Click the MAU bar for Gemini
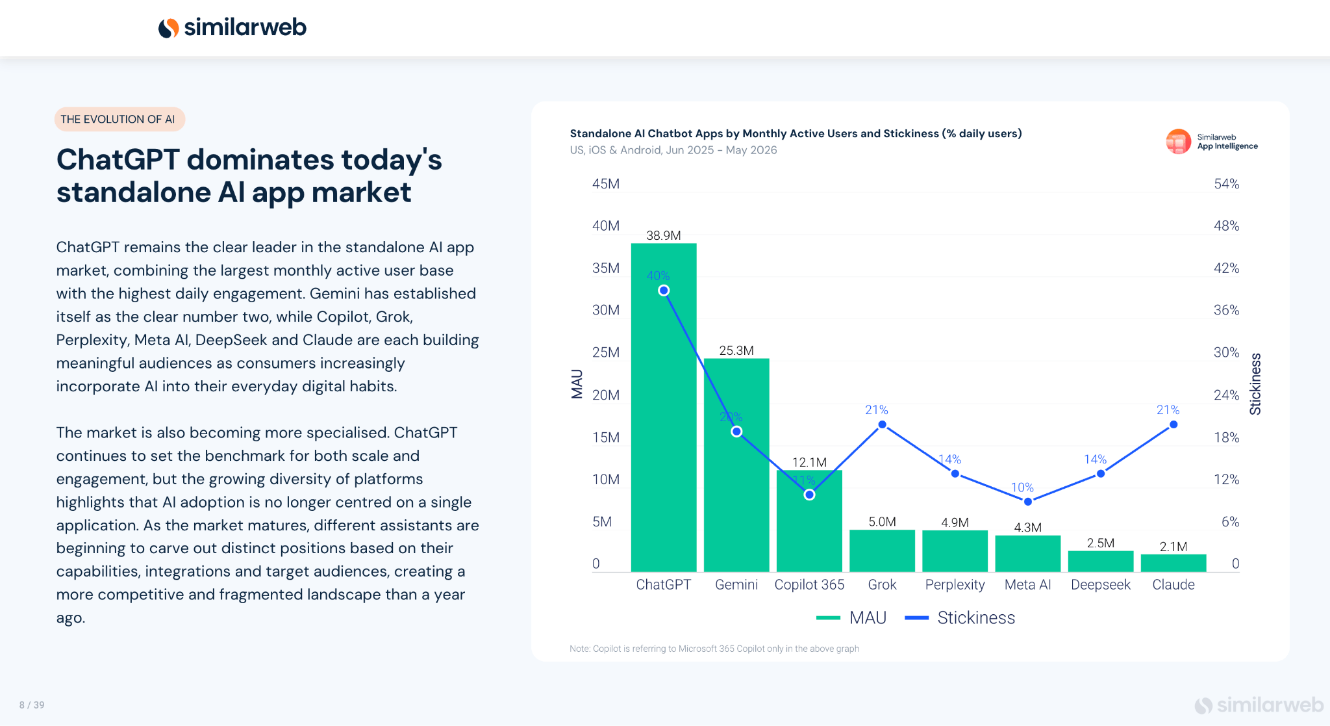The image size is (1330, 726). pos(736,465)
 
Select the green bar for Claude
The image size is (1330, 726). pos(1173,563)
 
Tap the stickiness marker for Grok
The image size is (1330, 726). pos(882,424)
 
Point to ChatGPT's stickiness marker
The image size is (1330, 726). pos(664,291)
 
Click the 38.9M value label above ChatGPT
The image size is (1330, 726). pos(664,235)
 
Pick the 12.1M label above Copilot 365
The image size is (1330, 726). pos(809,462)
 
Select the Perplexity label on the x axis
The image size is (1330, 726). pos(955,584)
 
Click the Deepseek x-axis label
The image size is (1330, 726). pos(1101,584)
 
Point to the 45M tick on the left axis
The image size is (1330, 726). pos(606,184)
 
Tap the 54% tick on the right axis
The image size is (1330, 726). pos(1227,184)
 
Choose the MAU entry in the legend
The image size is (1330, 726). pos(851,617)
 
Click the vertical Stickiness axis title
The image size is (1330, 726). pos(1255,383)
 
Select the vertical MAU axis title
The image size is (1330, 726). pos(577,383)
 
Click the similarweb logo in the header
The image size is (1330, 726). pos(232,27)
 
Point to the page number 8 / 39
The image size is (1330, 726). pos(32,705)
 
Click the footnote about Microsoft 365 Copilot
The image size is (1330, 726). pos(714,649)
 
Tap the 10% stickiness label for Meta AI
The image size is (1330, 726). pos(1022,487)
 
